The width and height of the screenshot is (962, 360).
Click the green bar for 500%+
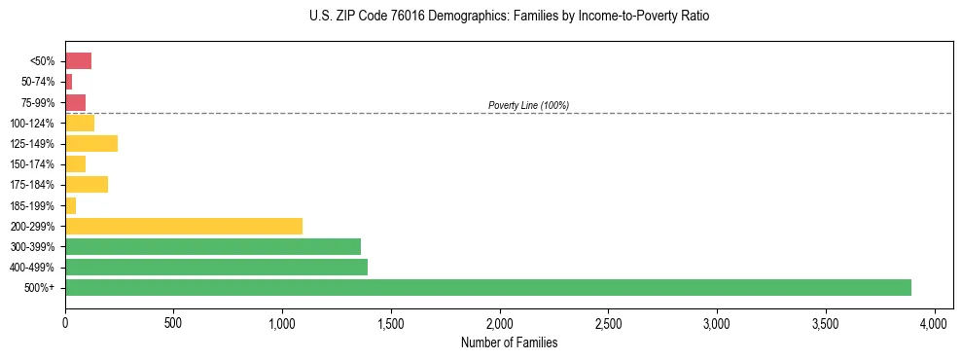tap(487, 287)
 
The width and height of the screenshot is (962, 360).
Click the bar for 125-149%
tap(91, 143)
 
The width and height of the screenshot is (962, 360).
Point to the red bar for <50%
tap(78, 61)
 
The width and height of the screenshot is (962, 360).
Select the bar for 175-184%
tap(87, 184)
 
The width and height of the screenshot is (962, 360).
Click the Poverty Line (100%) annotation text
tap(528, 105)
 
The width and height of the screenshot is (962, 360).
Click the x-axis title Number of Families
tap(509, 342)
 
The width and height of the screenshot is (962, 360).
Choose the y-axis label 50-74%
tap(37, 82)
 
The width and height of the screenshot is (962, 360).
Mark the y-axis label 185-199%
tap(33, 205)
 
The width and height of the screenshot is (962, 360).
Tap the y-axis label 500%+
tap(40, 288)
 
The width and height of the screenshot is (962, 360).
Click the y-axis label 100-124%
tap(33, 124)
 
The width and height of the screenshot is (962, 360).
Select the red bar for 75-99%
tap(75, 102)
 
